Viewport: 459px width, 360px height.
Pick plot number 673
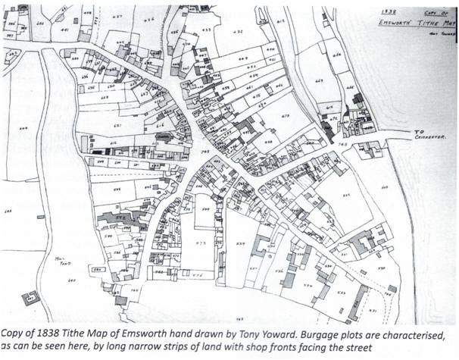point(286,116)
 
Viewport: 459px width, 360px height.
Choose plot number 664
point(338,55)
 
